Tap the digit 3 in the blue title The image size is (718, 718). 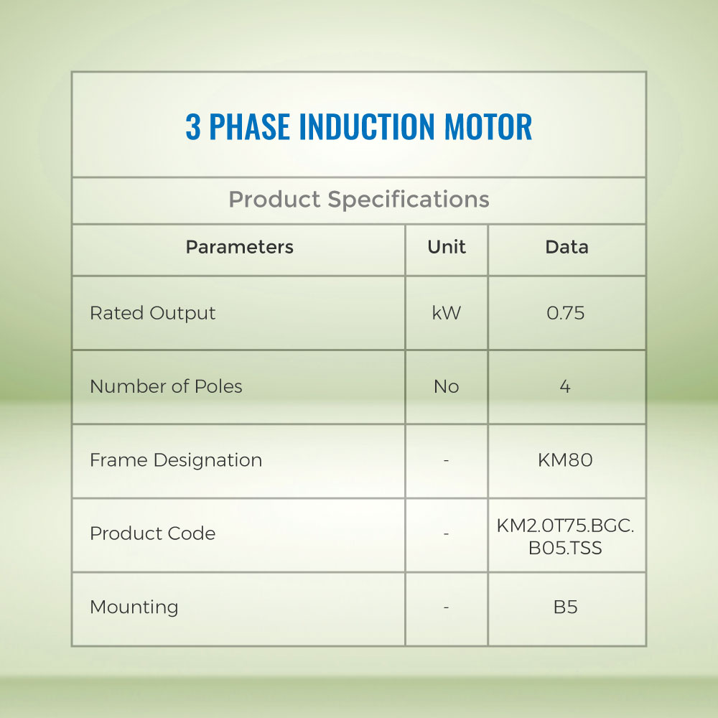tap(193, 126)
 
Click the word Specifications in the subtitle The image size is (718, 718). tap(409, 200)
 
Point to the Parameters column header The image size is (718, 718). tap(240, 247)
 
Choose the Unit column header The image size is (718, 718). tap(447, 247)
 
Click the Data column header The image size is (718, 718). tap(567, 247)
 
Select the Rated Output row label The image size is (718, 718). tap(152, 314)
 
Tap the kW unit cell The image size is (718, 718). tap(447, 313)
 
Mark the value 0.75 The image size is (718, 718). tap(566, 313)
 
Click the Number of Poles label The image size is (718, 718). tap(166, 386)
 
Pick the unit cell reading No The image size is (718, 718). tap(447, 387)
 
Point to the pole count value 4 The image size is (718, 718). tap(565, 387)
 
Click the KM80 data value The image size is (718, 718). tap(566, 460)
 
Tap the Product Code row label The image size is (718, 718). tap(152, 533)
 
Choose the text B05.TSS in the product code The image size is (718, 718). tap(566, 548)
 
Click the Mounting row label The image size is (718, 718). tap(134, 607)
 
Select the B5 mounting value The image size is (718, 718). tap(566, 607)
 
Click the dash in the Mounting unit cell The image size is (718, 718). tap(446, 607)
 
